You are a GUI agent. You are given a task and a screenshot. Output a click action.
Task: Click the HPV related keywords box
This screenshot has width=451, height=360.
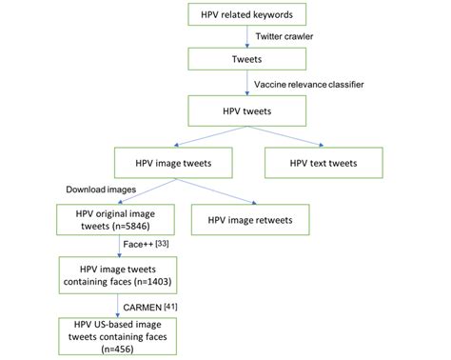tap(246, 16)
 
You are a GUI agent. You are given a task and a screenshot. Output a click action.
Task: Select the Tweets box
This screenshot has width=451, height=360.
tap(246, 60)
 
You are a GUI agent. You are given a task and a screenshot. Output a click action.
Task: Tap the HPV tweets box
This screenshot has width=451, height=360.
tap(246, 110)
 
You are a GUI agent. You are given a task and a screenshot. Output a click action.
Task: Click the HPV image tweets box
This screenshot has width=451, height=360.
tap(174, 163)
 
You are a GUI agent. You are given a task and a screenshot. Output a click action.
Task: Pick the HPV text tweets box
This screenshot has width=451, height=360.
tap(324, 163)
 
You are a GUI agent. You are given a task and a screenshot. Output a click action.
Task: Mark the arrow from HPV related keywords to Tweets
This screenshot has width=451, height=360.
tap(247, 38)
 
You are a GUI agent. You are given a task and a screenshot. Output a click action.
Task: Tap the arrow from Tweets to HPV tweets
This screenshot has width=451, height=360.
tap(247, 84)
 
